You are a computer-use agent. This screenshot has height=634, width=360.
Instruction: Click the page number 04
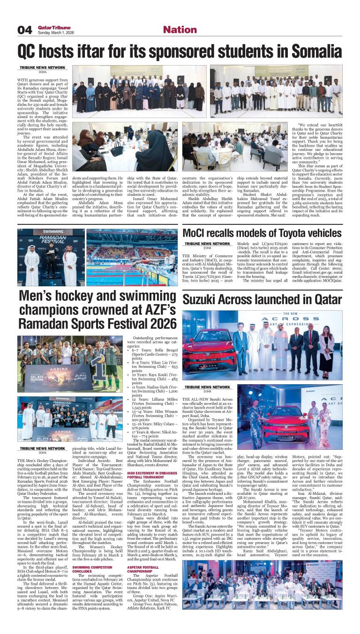point(24,30)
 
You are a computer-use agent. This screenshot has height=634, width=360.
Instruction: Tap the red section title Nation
point(180,30)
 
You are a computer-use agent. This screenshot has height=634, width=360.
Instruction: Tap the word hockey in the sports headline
point(67,296)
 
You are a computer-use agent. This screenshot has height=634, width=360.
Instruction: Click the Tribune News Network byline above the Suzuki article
point(207,388)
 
